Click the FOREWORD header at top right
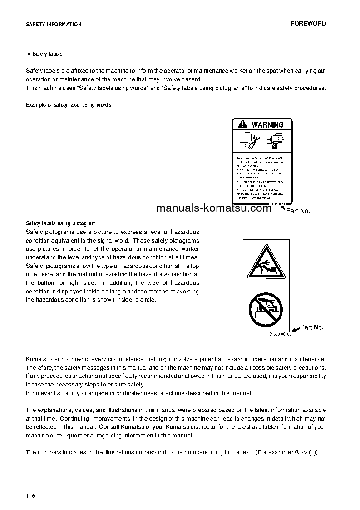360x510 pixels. (x=308, y=24)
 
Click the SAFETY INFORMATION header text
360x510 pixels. (x=54, y=25)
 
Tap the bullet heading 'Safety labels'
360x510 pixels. (x=47, y=54)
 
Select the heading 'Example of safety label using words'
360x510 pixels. (x=69, y=105)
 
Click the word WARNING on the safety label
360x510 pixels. (x=267, y=124)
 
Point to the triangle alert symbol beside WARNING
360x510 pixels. (x=242, y=124)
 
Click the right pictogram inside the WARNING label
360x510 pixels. (x=275, y=141)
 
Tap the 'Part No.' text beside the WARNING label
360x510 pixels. (x=298, y=211)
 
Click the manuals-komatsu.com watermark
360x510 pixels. (x=213, y=208)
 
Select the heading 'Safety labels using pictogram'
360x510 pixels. (x=61, y=223)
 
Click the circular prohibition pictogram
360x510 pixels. (x=266, y=308)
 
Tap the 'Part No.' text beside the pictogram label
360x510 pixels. (x=312, y=327)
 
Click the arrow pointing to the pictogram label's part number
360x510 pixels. (x=295, y=329)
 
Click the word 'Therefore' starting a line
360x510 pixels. (x=39, y=367)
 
